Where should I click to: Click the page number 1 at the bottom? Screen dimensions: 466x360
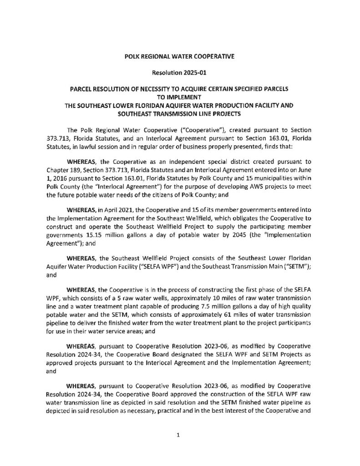(x=180, y=435)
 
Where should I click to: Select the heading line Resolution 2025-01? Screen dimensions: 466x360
(x=180, y=72)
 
